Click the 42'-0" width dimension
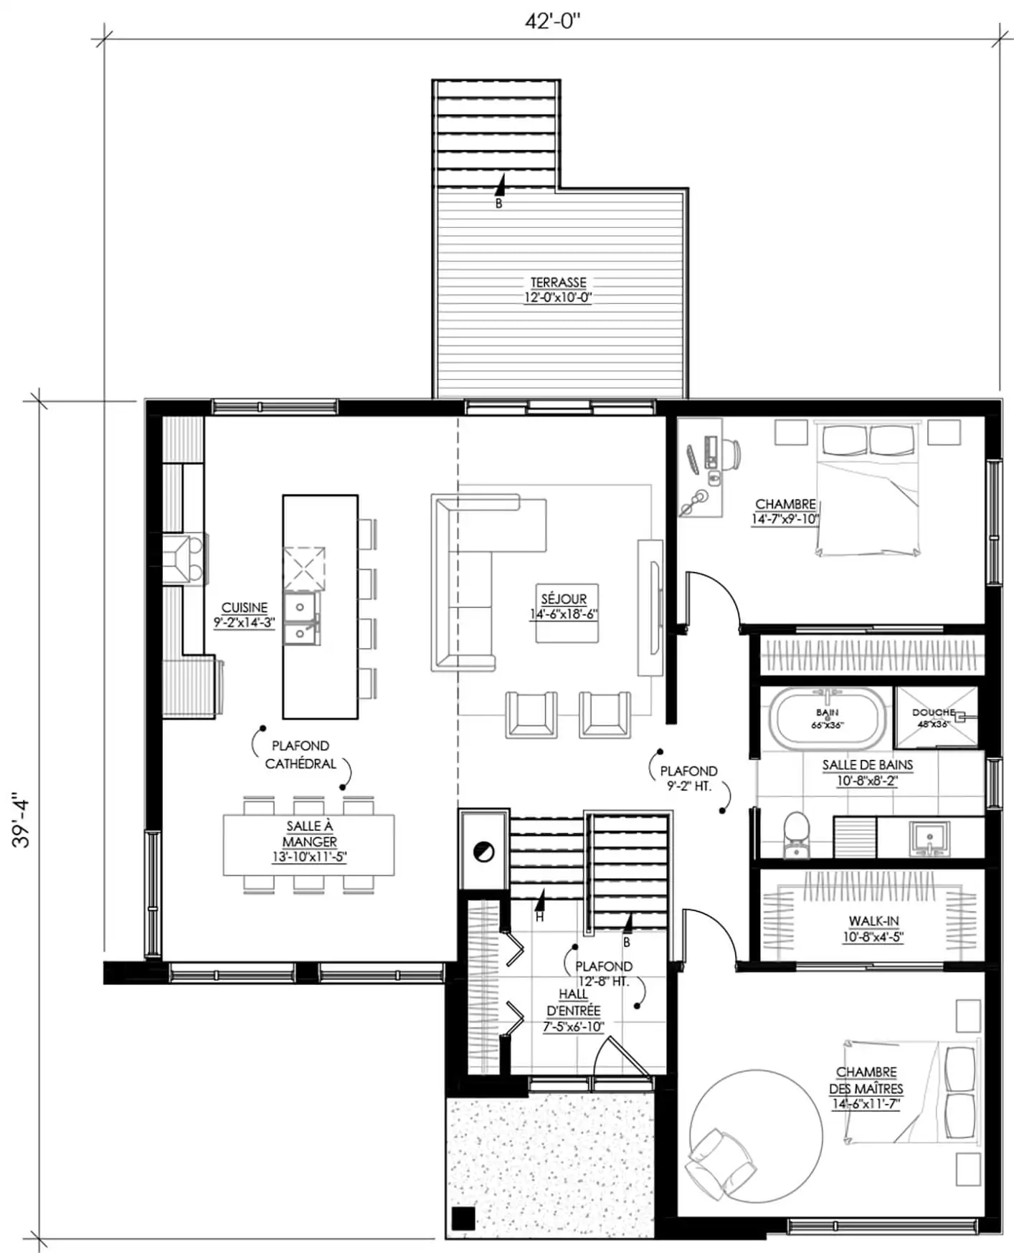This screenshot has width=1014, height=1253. (x=552, y=22)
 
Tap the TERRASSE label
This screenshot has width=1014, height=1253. (x=558, y=282)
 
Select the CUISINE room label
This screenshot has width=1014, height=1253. (x=244, y=607)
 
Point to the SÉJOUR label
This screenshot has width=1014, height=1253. (x=564, y=599)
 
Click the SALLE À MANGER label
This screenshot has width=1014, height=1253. (x=309, y=834)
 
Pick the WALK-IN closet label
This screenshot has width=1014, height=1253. (x=873, y=920)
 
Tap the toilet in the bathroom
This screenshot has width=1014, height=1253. (x=795, y=835)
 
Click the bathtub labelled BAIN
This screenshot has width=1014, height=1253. (x=827, y=718)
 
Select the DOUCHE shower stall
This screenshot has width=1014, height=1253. (x=936, y=717)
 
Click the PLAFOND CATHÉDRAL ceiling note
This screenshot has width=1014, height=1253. (x=300, y=755)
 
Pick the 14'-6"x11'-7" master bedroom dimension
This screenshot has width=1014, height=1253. (x=866, y=1105)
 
